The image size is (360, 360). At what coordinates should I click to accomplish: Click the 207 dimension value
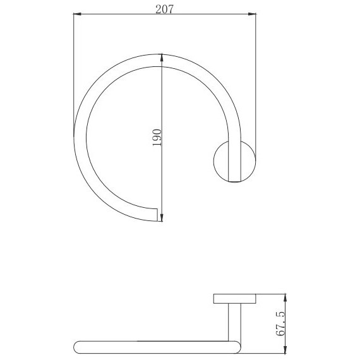pyautogui.click(x=164, y=9)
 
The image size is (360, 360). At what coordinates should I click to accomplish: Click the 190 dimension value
pyautogui.click(x=157, y=138)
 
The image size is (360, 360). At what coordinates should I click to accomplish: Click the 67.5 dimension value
pyautogui.click(x=280, y=324)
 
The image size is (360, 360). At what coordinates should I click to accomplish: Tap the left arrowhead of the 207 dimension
pyautogui.click(x=78, y=14)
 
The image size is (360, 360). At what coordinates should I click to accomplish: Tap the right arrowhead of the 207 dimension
pyautogui.click(x=252, y=14)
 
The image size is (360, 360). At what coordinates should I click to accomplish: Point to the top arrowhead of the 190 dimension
pyautogui.click(x=162, y=57)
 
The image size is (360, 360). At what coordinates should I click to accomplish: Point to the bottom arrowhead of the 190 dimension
pyautogui.click(x=162, y=218)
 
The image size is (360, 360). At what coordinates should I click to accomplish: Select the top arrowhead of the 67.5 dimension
pyautogui.click(x=285, y=297)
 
